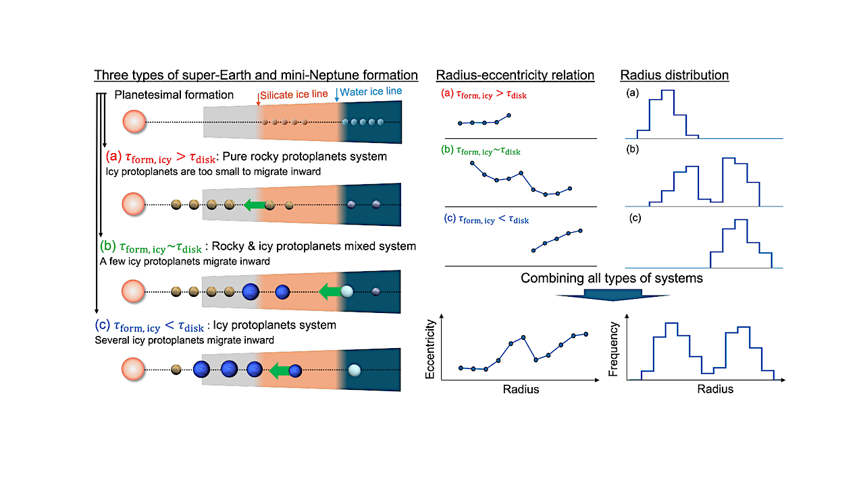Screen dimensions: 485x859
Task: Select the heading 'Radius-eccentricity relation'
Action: pos(515,75)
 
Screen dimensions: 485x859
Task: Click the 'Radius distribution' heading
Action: pos(675,75)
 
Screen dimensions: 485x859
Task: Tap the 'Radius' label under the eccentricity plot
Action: pos(521,389)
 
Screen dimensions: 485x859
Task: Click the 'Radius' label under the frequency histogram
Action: pos(715,389)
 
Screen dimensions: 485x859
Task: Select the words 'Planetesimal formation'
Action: pos(174,95)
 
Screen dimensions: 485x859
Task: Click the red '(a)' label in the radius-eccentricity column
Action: pos(446,95)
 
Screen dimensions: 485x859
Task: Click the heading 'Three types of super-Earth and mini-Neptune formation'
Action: pos(256,75)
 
